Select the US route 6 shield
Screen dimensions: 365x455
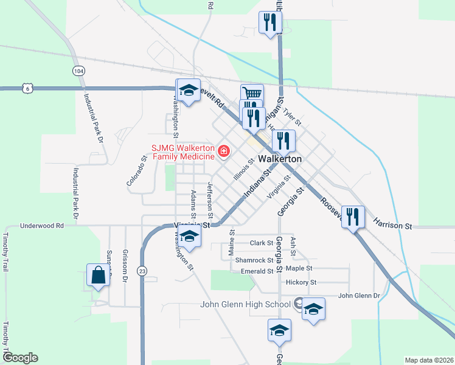tap(27, 88)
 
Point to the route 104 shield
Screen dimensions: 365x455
tap(78, 71)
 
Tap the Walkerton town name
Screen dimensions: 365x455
tap(280, 158)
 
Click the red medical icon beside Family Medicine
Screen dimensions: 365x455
tap(224, 150)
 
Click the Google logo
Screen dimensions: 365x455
tap(19, 358)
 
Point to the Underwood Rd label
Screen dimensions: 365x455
tap(42, 225)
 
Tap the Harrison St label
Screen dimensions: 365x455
tap(392, 226)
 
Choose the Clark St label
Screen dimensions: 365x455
tap(262, 243)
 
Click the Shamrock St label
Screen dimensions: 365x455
tap(254, 260)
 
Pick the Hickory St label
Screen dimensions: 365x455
tap(301, 282)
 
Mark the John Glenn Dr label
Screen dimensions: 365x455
tap(359, 296)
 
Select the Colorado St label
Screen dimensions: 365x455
tap(137, 172)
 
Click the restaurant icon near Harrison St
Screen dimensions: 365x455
tap(353, 216)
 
